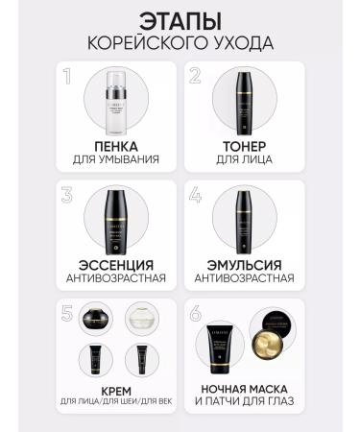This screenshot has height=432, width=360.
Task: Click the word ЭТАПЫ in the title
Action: [x=180, y=21]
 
